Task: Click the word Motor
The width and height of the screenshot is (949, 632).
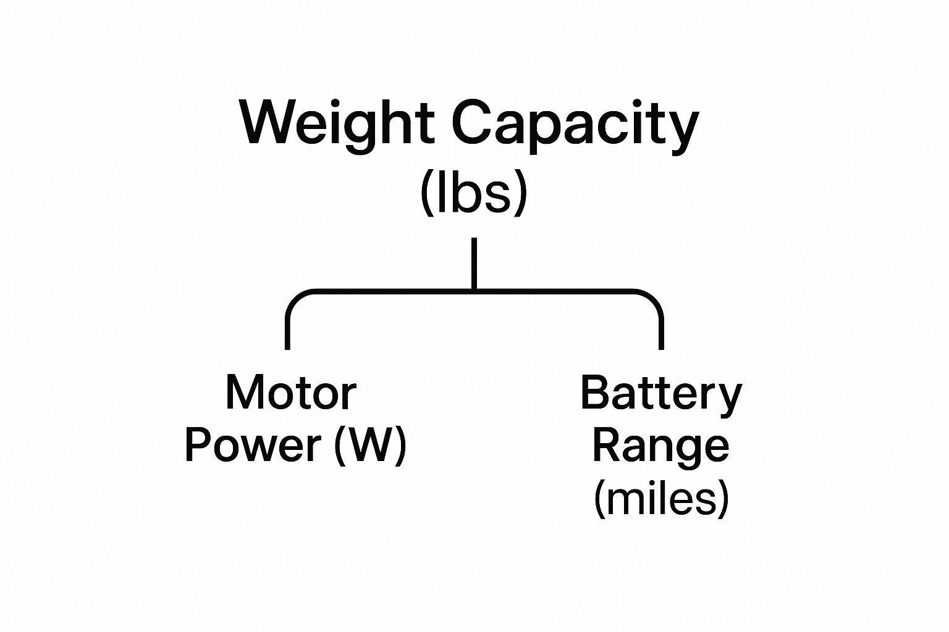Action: [291, 393]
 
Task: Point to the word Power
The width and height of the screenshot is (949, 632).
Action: [253, 445]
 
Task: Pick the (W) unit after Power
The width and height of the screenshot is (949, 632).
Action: [369, 445]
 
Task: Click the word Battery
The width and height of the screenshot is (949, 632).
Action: [660, 393]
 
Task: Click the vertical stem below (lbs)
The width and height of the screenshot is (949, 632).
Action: [474, 262]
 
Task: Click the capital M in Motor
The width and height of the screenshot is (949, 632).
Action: [243, 393]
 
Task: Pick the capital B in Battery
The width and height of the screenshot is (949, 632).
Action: [594, 393]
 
